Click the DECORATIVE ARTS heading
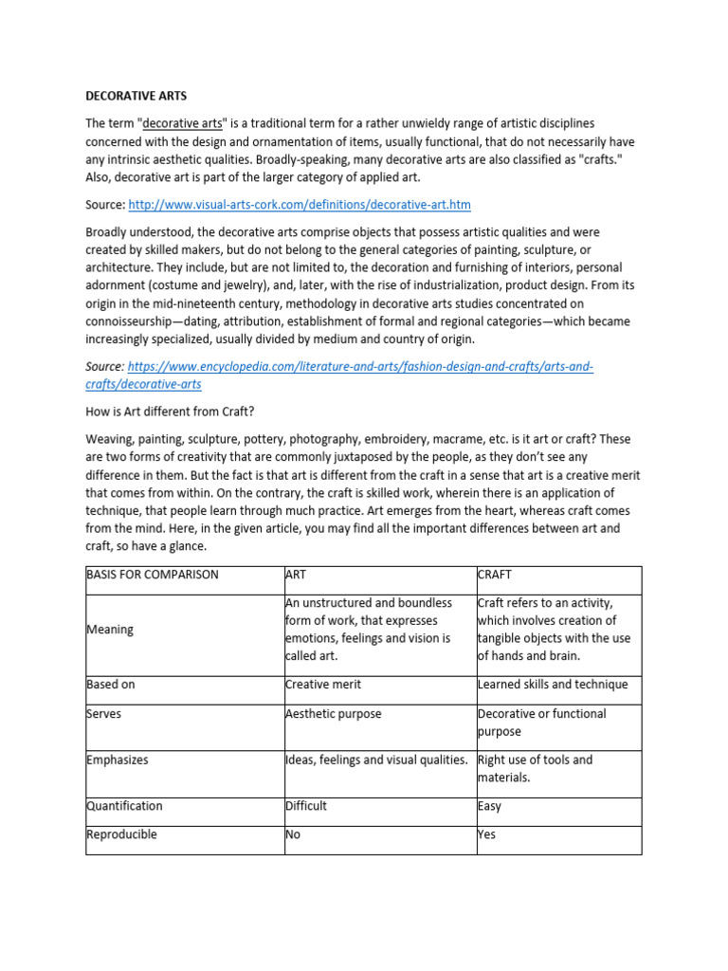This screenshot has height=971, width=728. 136,96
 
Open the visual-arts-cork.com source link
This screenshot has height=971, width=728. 299,205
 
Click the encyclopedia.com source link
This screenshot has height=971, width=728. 360,367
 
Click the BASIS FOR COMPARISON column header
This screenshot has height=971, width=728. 152,575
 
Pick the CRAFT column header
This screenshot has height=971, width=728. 495,575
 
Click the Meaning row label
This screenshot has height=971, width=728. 110,630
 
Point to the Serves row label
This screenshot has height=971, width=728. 103,713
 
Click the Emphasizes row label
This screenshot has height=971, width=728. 118,760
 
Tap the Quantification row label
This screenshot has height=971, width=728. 124,806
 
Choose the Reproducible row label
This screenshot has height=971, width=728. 121,834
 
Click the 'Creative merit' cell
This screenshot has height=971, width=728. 323,685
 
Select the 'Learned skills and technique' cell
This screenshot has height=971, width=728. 553,685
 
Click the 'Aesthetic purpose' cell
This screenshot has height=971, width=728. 333,713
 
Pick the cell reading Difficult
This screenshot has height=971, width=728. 305,806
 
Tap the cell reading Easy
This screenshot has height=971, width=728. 489,806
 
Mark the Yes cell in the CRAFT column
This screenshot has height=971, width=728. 486,834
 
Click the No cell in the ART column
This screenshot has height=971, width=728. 293,834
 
